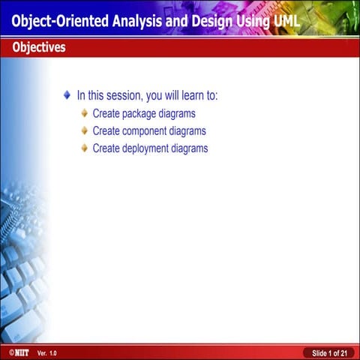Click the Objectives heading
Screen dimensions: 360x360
[x=38, y=48]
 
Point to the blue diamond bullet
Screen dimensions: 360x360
[x=67, y=96]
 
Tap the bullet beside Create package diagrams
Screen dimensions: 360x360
[x=85, y=113]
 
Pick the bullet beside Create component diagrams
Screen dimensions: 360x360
[x=85, y=130]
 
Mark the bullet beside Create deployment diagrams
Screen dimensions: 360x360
[x=85, y=148]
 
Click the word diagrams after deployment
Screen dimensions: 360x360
[x=189, y=148]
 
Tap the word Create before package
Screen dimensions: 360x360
[x=106, y=114]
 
